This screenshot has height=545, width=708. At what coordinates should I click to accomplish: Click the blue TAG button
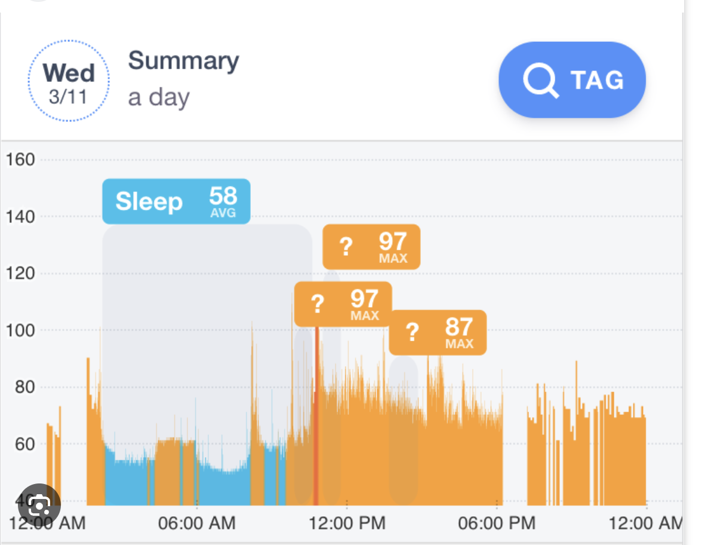(572, 79)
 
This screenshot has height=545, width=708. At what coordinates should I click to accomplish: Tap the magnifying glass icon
(540, 80)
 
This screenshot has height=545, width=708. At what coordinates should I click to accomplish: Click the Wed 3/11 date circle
(69, 81)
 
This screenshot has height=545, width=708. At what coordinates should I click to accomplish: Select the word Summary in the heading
(183, 61)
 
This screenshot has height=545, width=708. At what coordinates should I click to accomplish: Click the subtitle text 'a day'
(159, 97)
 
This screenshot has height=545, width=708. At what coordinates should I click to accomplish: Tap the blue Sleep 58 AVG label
(176, 201)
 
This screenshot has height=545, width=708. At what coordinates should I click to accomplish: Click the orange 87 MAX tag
(438, 332)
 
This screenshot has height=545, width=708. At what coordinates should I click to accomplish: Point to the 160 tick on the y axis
(20, 160)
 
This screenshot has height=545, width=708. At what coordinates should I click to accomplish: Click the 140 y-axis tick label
(20, 216)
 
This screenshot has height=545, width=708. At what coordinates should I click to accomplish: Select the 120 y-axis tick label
(20, 274)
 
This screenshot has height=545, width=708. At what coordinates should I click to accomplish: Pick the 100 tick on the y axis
(20, 330)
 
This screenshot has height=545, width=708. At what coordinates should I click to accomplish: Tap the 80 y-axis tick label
(24, 387)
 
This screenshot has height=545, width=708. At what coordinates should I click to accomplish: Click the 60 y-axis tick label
(24, 444)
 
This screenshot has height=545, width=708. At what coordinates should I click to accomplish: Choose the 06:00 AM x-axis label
(196, 523)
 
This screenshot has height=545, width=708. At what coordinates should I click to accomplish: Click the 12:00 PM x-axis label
(347, 523)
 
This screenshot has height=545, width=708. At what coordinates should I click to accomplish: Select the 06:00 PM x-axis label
(497, 523)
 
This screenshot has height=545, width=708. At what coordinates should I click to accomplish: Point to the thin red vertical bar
(316, 418)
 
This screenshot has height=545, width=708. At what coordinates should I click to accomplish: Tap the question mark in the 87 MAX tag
(412, 332)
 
